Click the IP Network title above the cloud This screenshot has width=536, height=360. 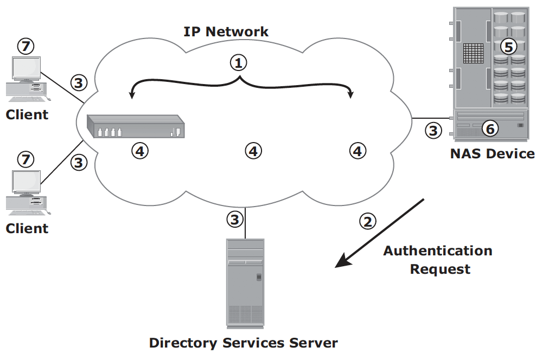pyautogui.click(x=226, y=31)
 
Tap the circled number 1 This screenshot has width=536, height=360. pyautogui.click(x=238, y=62)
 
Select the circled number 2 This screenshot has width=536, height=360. pyautogui.click(x=368, y=221)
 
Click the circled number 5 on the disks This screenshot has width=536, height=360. pyautogui.click(x=509, y=47)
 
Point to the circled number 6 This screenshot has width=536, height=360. pyautogui.click(x=490, y=128)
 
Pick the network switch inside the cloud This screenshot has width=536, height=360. pyautogui.click(x=136, y=126)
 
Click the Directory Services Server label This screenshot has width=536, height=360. pyautogui.click(x=244, y=343)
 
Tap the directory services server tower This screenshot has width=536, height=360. pyautogui.click(x=245, y=284)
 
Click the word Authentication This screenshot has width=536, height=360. pyautogui.click(x=438, y=250)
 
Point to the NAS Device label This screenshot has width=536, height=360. pyautogui.click(x=492, y=153)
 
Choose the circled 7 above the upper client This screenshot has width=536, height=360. pyautogui.click(x=25, y=46)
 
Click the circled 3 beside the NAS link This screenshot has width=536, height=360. pyautogui.click(x=433, y=130)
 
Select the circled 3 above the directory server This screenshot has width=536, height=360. pyautogui.click(x=235, y=219)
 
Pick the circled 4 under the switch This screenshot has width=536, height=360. pyautogui.click(x=140, y=151)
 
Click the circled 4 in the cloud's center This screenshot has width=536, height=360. pyautogui.click(x=253, y=151)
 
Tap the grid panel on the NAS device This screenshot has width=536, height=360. pyautogui.click(x=474, y=53)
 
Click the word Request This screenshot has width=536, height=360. pyautogui.click(x=441, y=269)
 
